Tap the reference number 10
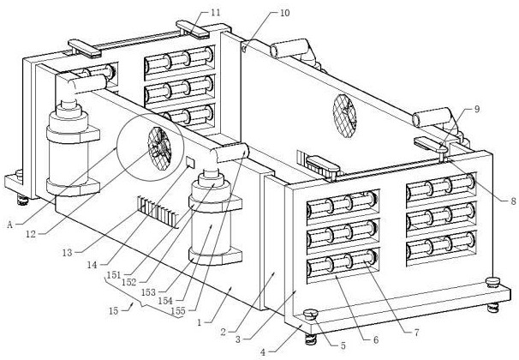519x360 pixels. point(284,13)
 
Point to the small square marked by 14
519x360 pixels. point(190,162)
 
